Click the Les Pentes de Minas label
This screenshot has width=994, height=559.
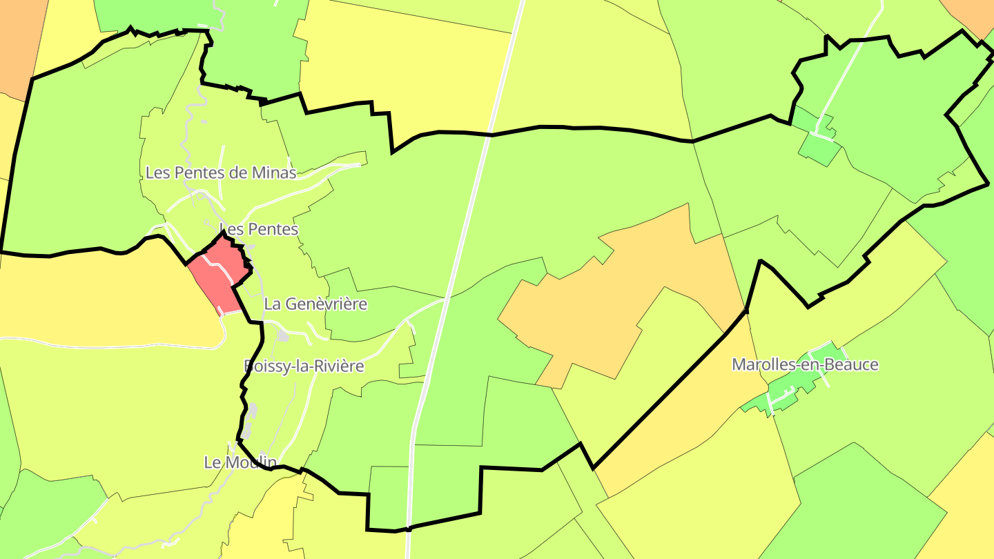pos(221,173)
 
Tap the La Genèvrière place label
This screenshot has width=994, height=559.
pos(315,304)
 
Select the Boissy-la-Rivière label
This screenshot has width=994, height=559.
pos(304,366)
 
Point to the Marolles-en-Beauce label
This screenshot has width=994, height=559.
pos(805,364)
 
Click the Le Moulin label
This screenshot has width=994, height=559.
pos(240,462)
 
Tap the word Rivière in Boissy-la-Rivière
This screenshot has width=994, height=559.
pos(338,366)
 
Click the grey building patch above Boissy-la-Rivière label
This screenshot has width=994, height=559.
pos(282,335)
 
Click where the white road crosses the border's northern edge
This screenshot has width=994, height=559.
pos(490,135)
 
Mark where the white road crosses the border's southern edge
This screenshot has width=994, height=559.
pos(409,529)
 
